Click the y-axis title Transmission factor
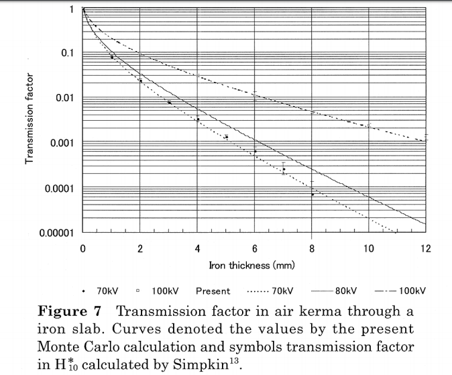click(30, 119)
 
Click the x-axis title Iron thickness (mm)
click(253, 266)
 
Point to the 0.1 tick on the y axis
click(67, 53)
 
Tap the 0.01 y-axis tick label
click(64, 98)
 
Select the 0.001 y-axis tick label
click(62, 143)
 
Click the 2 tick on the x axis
click(140, 248)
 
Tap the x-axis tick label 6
click(255, 248)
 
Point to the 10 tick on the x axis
click(369, 248)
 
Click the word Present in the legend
click(213, 291)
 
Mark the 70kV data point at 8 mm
click(313, 195)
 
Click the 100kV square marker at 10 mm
click(368, 125)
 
